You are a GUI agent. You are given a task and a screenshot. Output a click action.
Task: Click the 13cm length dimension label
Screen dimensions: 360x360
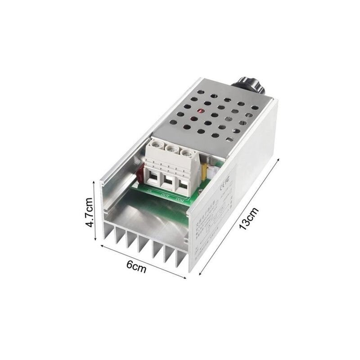point(249,219)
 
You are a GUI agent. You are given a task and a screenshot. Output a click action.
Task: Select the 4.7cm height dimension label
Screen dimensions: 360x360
point(90,211)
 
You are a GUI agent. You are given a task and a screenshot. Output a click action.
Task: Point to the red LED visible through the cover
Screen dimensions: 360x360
point(194,120)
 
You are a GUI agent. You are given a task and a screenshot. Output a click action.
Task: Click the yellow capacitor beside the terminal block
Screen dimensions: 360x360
point(204,170)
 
